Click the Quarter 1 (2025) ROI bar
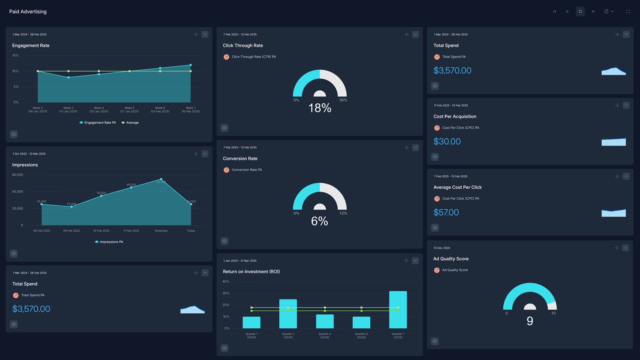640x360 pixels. (x=398, y=310)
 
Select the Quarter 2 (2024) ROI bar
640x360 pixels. (x=288, y=314)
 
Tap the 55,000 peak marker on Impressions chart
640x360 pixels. (x=161, y=179)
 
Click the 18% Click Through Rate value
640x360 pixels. (x=320, y=108)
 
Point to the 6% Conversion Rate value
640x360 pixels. (x=320, y=221)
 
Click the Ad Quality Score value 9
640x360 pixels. (x=530, y=321)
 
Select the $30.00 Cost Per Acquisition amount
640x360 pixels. (x=447, y=142)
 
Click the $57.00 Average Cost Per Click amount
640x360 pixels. (x=446, y=212)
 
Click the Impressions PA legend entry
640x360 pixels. (x=111, y=242)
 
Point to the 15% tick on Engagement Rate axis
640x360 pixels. (x=16, y=56)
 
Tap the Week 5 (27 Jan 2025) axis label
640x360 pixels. (x=129, y=110)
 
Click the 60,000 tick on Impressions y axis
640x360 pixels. (x=18, y=175)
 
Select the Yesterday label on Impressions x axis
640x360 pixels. (x=161, y=231)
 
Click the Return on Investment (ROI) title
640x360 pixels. (x=251, y=272)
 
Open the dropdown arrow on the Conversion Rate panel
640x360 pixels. (x=415, y=148)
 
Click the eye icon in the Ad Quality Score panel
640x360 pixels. (x=435, y=341)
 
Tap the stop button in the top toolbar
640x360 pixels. (x=580, y=12)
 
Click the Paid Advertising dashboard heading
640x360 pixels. (x=28, y=12)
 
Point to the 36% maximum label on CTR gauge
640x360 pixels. (x=343, y=100)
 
